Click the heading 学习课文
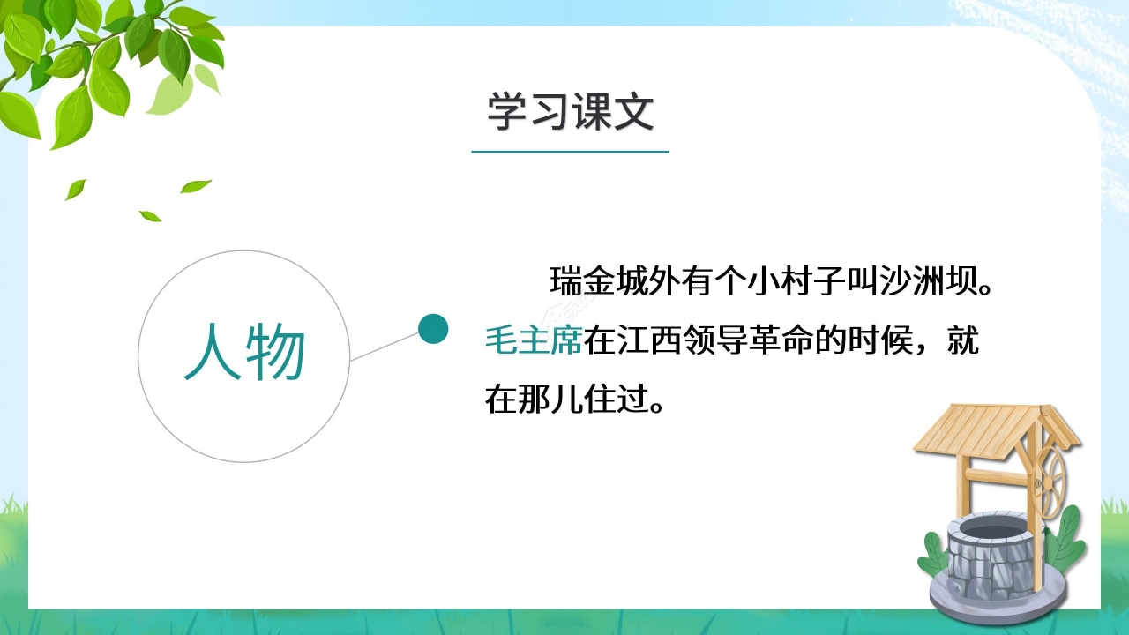(570, 113)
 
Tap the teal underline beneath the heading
(570, 152)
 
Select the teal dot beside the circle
(433, 329)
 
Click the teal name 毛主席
(533, 340)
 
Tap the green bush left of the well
(934, 556)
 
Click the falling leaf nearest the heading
(195, 186)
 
